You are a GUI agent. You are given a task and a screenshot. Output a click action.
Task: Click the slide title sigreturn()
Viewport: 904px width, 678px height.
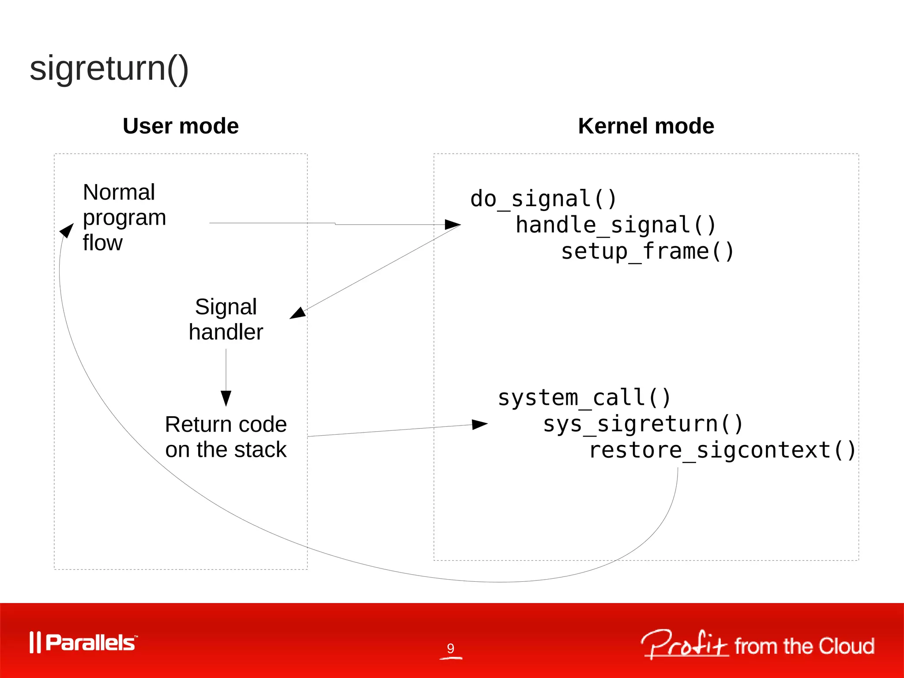109,68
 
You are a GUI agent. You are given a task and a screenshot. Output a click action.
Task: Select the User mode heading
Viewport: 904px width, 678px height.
181,126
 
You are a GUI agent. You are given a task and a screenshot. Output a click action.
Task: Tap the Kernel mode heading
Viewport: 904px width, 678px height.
646,126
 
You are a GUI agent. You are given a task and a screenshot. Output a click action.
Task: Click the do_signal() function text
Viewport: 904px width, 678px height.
543,199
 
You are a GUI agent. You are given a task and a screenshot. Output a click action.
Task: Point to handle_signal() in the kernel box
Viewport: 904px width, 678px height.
616,225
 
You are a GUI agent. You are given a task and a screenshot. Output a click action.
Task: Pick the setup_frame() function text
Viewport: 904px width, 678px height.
648,252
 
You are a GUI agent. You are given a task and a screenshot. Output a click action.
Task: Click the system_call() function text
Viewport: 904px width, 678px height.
584,398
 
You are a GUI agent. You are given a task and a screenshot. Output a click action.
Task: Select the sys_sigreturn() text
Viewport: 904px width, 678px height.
643,424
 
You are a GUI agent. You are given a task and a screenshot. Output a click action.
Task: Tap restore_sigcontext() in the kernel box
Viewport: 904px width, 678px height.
723,451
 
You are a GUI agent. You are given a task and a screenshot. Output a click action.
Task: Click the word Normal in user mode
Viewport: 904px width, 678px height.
119,192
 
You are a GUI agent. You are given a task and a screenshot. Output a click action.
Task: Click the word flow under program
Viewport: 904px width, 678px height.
102,243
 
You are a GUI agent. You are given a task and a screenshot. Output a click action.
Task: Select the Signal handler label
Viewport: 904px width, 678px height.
226,320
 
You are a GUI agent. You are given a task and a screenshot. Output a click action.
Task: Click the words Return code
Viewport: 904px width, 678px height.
226,425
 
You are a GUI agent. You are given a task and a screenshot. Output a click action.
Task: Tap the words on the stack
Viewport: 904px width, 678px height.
226,450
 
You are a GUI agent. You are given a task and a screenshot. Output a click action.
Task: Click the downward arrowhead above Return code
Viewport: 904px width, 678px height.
226,398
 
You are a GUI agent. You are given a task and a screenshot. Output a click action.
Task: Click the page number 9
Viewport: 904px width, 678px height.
450,648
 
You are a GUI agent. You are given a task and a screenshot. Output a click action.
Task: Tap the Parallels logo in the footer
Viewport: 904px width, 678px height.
84,643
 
